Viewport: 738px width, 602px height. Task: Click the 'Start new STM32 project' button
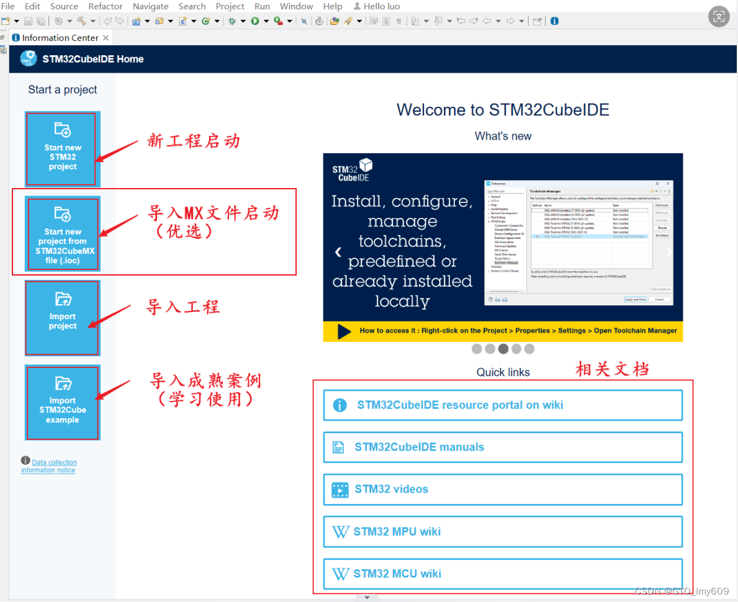tap(62, 149)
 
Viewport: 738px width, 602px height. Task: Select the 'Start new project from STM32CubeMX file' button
tap(62, 234)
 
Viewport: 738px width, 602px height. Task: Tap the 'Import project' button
tap(62, 318)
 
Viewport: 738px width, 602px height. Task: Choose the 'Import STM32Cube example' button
tap(62, 402)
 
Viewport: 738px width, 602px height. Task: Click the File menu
tap(8, 6)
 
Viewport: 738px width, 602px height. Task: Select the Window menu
tap(296, 6)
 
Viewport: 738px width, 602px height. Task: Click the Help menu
tap(333, 6)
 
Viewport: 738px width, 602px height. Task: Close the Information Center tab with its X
tap(106, 38)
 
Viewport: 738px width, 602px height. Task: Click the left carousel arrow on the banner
tap(338, 253)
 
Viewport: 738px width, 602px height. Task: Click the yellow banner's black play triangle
tap(344, 331)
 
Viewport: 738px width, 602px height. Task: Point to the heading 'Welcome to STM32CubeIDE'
tap(503, 110)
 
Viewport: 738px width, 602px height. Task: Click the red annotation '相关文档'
tap(613, 370)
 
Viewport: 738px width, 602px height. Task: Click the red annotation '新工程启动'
tap(194, 142)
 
